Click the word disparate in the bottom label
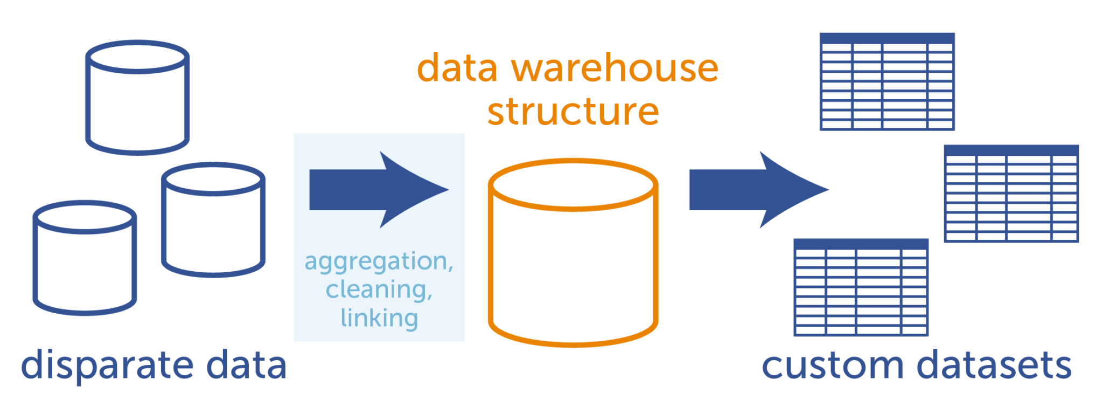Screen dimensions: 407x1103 [107, 365]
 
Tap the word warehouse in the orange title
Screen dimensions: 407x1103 [615, 68]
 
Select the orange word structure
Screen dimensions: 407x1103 [573, 112]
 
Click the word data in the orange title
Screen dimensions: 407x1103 [457, 68]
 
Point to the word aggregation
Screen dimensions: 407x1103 [379, 262]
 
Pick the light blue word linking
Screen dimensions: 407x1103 [379, 318]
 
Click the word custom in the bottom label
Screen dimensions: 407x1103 [832, 365]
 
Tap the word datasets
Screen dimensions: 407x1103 [994, 365]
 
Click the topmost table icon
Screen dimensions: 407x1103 [887, 81]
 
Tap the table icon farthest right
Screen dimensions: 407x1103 [1011, 194]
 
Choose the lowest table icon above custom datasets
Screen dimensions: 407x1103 [861, 287]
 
